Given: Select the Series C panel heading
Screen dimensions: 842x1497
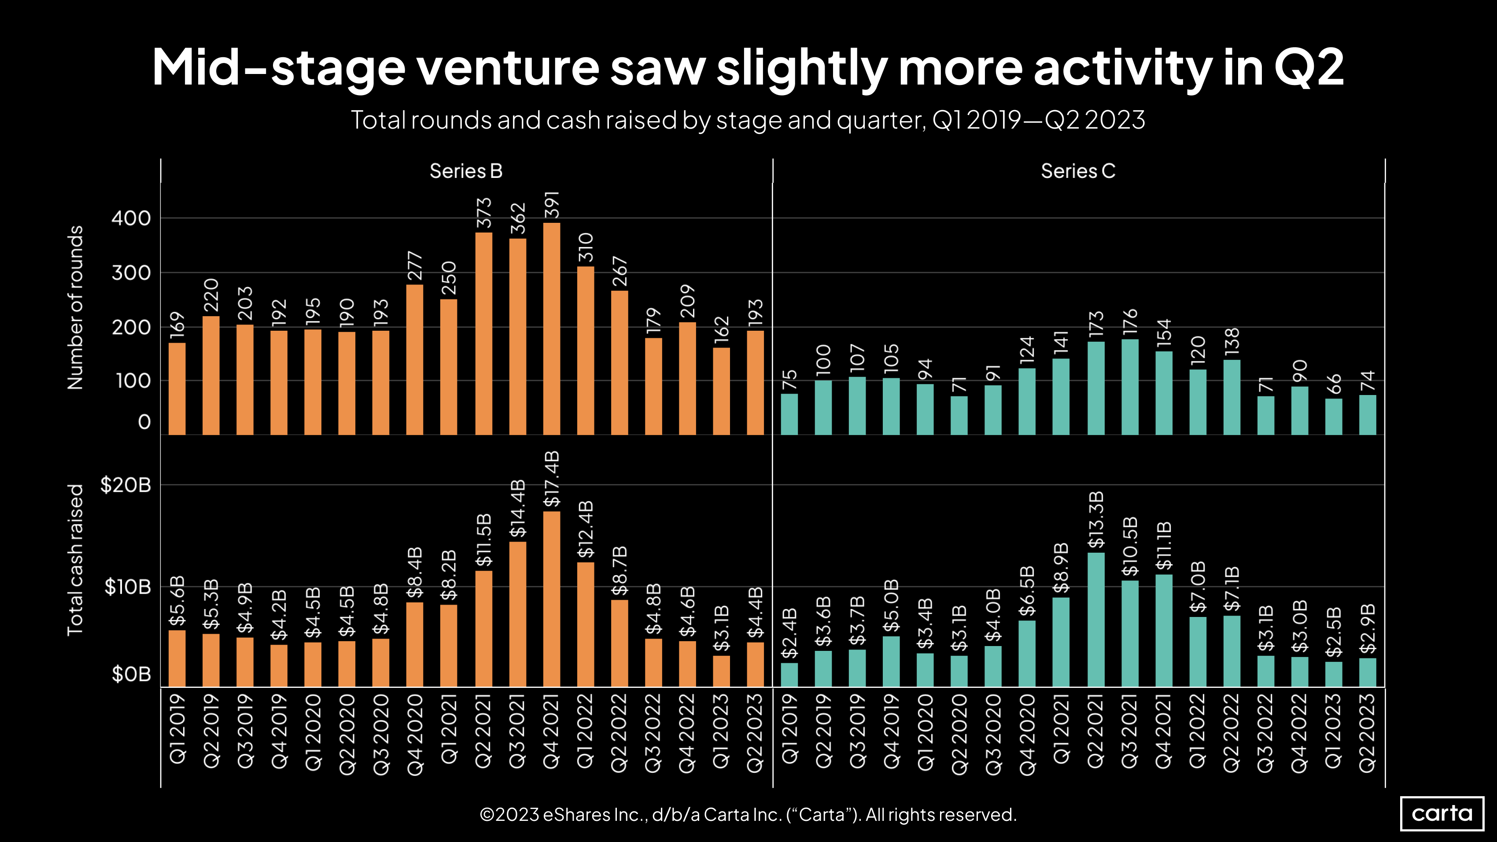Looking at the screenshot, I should click(x=1077, y=171).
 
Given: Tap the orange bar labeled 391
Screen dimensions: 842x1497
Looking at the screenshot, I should click(x=552, y=329).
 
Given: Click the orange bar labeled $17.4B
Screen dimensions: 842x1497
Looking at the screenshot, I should click(x=552, y=598).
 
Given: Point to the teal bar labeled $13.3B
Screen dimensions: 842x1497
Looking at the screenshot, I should click(x=1096, y=620).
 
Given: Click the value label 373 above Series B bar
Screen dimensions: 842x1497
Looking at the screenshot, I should click(x=484, y=213).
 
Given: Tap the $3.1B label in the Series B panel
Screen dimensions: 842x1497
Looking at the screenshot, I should click(x=721, y=629).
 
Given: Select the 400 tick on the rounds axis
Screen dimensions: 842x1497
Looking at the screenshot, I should click(x=131, y=218).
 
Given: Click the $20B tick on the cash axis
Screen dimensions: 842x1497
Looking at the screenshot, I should click(x=125, y=484).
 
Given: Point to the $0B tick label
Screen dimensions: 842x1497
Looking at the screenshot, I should click(x=131, y=674).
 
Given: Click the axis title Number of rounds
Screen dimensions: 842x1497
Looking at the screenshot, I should click(x=76, y=307).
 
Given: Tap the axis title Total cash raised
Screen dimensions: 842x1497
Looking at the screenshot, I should click(x=76, y=560).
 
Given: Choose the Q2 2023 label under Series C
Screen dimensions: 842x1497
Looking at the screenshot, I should click(x=1368, y=733).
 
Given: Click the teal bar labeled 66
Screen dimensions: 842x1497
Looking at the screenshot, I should click(x=1334, y=416).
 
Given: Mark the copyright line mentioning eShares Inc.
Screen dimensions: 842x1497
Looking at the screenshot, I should click(x=748, y=815).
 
